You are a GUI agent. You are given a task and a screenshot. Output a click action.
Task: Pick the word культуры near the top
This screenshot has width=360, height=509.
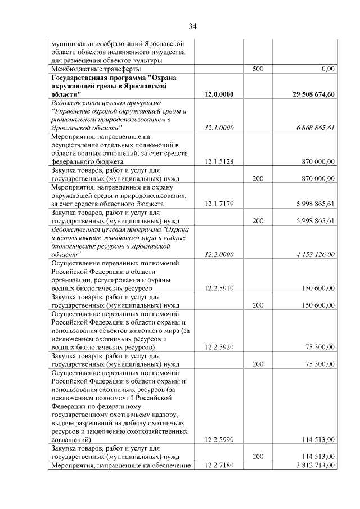[148, 60]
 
